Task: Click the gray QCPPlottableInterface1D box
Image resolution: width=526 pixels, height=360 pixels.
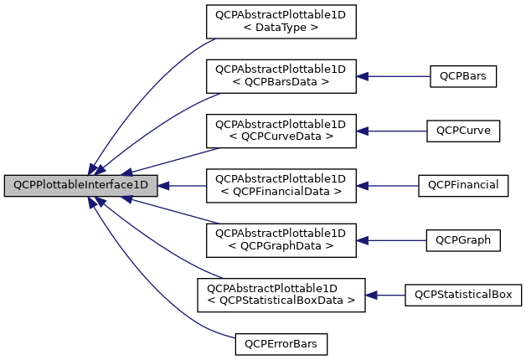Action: coord(80,185)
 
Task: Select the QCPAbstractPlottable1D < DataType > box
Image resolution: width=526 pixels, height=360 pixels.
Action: coord(281,21)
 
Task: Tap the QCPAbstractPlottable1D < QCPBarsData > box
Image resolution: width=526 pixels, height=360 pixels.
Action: coord(281,76)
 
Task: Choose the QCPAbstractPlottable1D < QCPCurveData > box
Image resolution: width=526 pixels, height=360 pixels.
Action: coord(281,131)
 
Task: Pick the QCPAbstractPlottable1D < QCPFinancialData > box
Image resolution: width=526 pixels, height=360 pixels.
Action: coord(281,185)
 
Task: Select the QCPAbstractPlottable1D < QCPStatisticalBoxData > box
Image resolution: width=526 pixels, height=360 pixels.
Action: coord(281,295)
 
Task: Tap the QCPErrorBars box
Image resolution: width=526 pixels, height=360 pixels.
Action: coord(281,343)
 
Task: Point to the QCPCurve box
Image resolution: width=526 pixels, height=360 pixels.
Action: coord(463,131)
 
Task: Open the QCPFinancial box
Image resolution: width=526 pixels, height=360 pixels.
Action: coord(463,185)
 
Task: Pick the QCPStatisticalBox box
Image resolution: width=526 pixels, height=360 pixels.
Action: coord(463,295)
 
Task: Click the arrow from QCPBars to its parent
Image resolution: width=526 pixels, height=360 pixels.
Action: coord(394,76)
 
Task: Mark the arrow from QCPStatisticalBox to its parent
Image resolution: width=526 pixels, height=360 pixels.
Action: coord(385,295)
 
